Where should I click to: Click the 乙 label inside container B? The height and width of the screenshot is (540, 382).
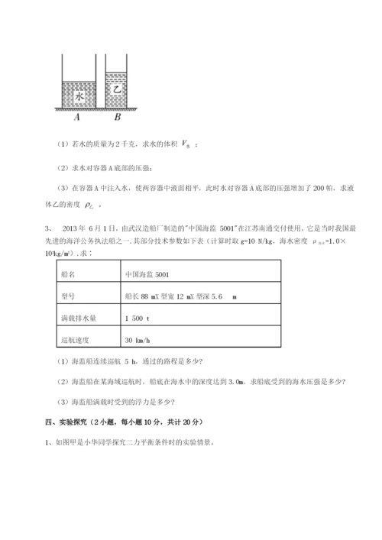117,89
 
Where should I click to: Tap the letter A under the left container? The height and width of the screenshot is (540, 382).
78,118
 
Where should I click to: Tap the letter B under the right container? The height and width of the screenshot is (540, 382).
117,118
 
